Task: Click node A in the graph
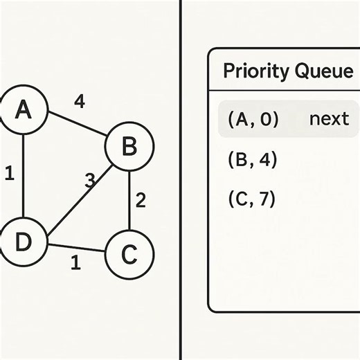pos(24,109)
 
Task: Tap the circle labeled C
pos(129,254)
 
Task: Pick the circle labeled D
pos(23,242)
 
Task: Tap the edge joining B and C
pos(129,201)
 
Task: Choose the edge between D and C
pos(76,249)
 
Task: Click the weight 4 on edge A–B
pos(80,102)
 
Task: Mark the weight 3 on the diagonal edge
pos(89,181)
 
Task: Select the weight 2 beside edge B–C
pos(141,201)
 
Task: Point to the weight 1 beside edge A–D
pos(9,173)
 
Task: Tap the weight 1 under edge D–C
pos(75,263)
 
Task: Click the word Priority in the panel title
pos(253,71)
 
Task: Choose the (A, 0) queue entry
pos(253,119)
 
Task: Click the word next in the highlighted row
pos(329,119)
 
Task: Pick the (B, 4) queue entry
pos(252,160)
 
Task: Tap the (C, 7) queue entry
pos(252,199)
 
